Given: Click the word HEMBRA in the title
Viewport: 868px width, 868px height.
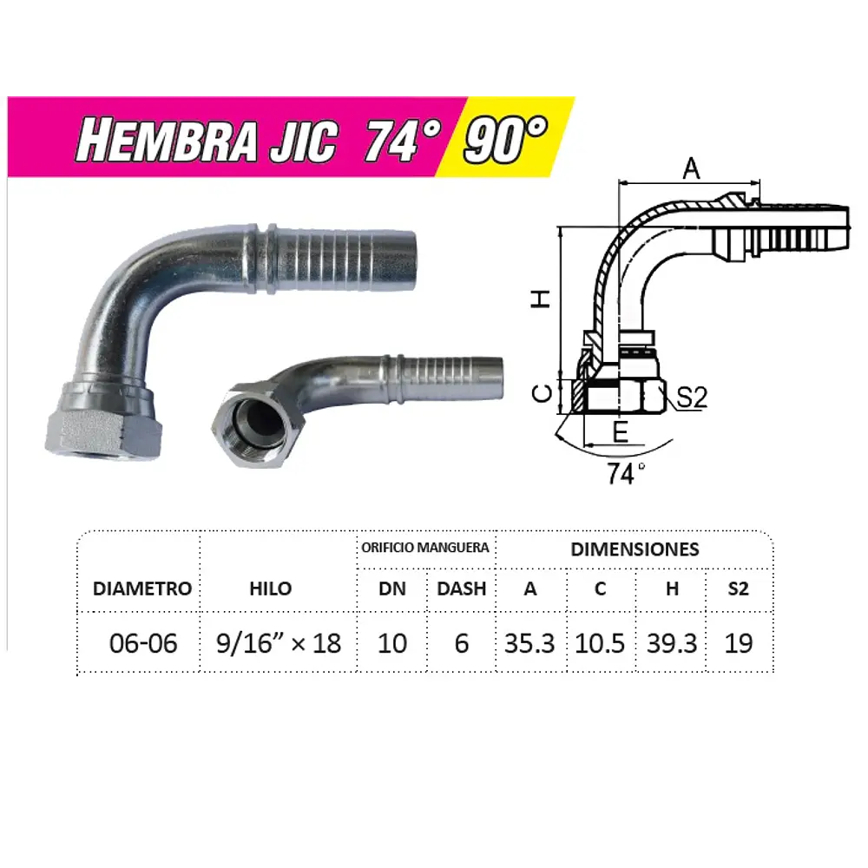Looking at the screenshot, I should pos(166,141).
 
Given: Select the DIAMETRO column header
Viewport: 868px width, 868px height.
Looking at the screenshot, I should pos(142,589).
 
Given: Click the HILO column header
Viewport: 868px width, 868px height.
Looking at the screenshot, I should pos(270,589).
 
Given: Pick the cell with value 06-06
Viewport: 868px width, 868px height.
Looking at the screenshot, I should pos(143,643).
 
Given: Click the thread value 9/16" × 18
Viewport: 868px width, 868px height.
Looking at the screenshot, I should pos(278,643).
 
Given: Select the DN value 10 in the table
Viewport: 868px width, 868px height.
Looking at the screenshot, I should pos(392,643).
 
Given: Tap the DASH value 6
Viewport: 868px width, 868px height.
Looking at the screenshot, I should pos(461,643).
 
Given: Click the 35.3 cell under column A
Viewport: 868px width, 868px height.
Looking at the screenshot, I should pos(530,643).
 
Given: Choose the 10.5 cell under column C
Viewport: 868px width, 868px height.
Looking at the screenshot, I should pos(600,643).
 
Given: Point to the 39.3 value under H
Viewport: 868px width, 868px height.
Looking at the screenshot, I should pos(672,643).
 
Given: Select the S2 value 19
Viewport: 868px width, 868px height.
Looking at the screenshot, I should pos(738,643).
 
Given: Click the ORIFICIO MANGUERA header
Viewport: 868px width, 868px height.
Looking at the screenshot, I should pos(425,548).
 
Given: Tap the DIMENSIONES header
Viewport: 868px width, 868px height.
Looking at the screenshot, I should pos(635,549).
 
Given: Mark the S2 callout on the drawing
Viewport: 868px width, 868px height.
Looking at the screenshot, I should pos(692,398).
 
